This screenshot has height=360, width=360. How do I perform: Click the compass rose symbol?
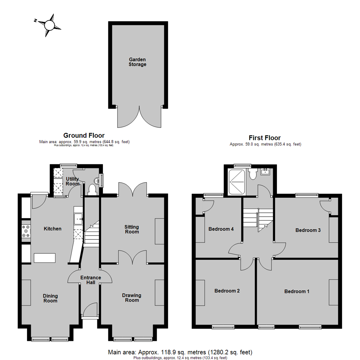[49, 25]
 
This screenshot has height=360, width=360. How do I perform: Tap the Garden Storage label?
[137, 62]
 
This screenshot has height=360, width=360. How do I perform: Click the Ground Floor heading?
[84, 136]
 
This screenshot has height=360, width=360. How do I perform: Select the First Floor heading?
[265, 138]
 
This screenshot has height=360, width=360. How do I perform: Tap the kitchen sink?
[78, 219]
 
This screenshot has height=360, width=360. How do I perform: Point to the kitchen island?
[45, 258]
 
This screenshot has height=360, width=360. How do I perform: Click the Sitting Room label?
[132, 229]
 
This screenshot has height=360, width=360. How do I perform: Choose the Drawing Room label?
[132, 298]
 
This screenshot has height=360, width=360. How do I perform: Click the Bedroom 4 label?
[221, 229]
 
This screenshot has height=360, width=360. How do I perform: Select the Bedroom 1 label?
[297, 291]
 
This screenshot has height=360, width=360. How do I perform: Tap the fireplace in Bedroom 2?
[200, 293]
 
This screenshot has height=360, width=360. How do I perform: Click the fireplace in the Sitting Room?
[159, 232]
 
